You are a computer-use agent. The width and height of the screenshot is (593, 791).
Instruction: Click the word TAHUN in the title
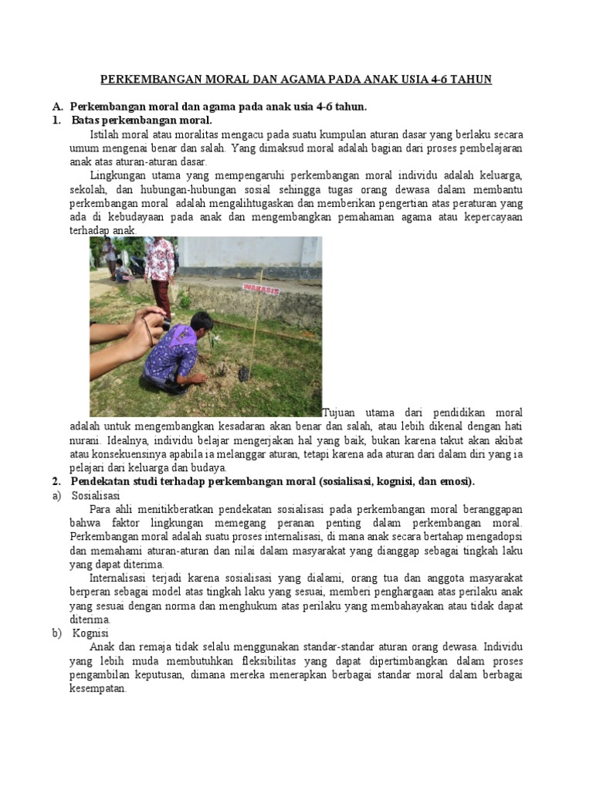pyautogui.click(x=470, y=80)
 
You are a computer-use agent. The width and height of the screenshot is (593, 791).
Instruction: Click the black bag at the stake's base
pyautogui.click(x=245, y=373)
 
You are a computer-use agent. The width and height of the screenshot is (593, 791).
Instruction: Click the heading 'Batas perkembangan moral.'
pyautogui.click(x=141, y=121)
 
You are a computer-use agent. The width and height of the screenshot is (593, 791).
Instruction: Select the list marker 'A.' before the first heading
pyautogui.click(x=56, y=107)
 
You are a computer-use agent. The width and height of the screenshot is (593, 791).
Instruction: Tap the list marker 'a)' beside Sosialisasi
pyautogui.click(x=56, y=496)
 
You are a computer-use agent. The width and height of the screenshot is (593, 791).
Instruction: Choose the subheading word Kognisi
pyautogui.click(x=92, y=633)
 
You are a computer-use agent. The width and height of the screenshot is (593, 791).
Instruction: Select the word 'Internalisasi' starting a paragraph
pyautogui.click(x=120, y=578)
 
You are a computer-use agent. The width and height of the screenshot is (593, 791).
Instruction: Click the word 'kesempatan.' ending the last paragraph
pyautogui.click(x=98, y=688)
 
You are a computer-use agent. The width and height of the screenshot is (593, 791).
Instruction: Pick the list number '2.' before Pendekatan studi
pyautogui.click(x=56, y=482)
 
